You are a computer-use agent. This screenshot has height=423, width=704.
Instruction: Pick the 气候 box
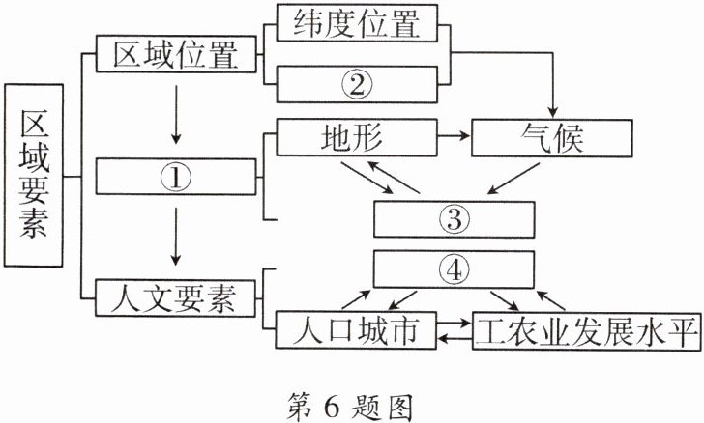[551, 138]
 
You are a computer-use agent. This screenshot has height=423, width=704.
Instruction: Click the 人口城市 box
[354, 331]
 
